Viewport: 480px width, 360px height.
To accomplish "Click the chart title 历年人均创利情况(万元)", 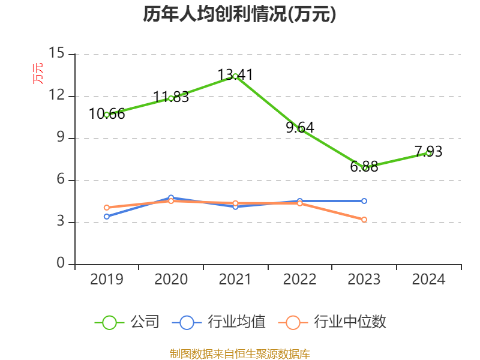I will (239, 14).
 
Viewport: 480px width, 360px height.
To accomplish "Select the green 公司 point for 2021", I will (235, 76).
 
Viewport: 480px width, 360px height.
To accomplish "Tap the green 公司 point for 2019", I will (107, 115).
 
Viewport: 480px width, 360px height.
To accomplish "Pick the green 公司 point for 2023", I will (364, 168).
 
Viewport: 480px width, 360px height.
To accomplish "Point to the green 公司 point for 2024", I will (428, 152).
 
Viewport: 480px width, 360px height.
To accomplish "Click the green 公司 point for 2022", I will (300, 129).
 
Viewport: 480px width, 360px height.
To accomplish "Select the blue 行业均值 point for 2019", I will (107, 217).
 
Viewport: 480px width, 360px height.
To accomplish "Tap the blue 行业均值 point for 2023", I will (364, 201).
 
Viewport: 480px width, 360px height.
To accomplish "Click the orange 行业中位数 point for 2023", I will (364, 220).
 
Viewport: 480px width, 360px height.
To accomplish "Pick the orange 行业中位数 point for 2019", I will (107, 208).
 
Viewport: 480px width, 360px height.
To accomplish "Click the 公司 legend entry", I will (127, 322).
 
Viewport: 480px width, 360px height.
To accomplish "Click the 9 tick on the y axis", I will (60, 138).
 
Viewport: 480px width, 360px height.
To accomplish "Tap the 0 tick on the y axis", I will (61, 264).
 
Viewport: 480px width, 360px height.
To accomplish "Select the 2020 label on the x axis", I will (171, 280).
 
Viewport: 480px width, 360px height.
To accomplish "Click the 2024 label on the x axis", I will (428, 280).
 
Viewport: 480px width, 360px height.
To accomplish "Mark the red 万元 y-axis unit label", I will (38, 73).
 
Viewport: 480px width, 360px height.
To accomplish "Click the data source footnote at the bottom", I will (239, 353).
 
